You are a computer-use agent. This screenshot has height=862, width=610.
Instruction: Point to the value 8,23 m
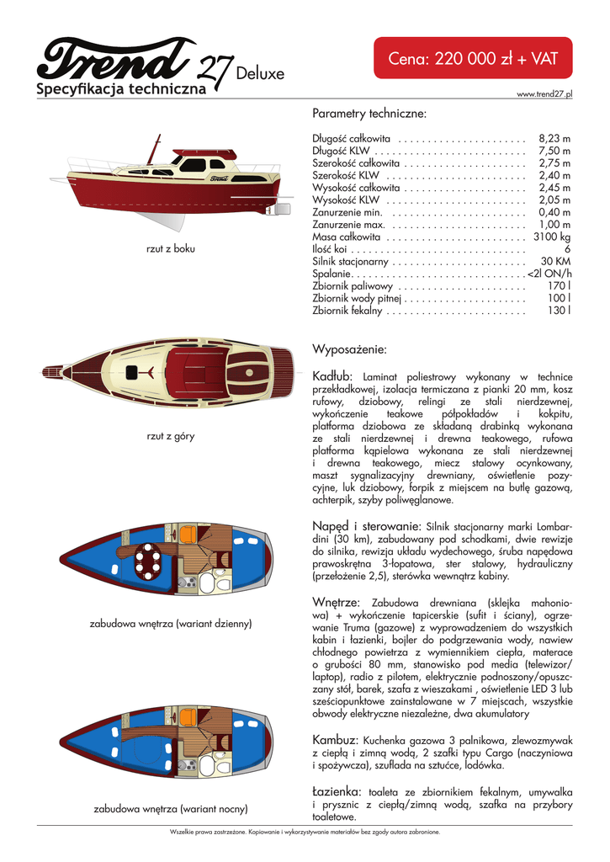[554, 138]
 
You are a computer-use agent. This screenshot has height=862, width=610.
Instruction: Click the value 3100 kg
[552, 237]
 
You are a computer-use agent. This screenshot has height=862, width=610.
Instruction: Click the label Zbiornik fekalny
[347, 311]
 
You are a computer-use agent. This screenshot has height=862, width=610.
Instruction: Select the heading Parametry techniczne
[369, 113]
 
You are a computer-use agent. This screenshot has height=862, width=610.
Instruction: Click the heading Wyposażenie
[349, 349]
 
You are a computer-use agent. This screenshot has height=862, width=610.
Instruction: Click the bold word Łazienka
[337, 791]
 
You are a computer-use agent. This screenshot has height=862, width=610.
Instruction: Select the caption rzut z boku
[171, 248]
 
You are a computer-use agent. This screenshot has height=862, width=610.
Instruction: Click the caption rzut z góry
[171, 436]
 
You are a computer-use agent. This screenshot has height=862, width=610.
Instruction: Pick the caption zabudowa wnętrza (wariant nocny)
[171, 809]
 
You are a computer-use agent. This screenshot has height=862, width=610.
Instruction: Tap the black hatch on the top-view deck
[132, 373]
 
